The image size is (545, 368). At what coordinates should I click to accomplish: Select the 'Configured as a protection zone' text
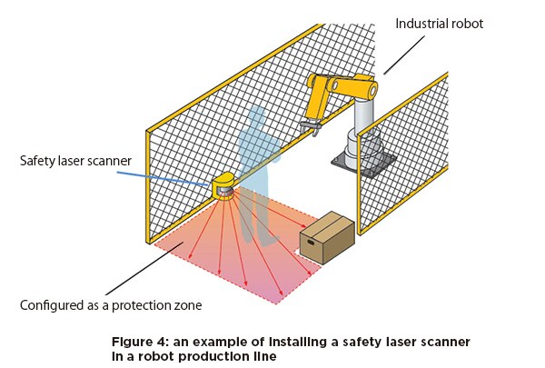click(x=108, y=304)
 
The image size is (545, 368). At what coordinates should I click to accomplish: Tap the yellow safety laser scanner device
click(x=223, y=186)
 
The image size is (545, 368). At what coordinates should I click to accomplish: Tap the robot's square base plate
click(x=363, y=164)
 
